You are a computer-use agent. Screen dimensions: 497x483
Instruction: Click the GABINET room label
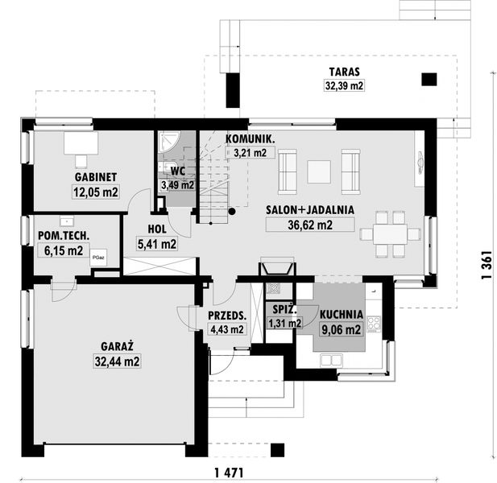(x=96, y=177)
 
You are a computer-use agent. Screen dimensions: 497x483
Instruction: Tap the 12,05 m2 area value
(x=96, y=192)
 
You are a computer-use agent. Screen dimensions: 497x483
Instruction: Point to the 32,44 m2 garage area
(x=118, y=361)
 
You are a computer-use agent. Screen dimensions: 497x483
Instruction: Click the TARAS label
(x=344, y=72)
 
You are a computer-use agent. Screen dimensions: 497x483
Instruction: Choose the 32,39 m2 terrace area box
(x=344, y=85)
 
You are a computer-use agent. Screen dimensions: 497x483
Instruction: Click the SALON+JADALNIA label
(x=310, y=210)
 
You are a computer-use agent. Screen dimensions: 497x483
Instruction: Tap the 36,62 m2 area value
(x=310, y=225)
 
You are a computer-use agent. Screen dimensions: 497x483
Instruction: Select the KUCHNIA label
(x=342, y=315)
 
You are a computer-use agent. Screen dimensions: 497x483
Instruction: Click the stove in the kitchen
(x=374, y=324)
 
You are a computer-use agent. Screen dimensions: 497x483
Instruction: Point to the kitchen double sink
(x=331, y=360)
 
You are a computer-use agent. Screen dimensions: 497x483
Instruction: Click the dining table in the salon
(x=390, y=234)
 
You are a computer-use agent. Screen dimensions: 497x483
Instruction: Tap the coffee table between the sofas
(x=319, y=171)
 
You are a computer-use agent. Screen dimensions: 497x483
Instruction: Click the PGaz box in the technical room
(x=98, y=258)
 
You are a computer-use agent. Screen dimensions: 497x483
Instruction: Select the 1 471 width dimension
(x=229, y=473)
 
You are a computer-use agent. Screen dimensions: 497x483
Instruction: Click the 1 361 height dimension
(x=487, y=265)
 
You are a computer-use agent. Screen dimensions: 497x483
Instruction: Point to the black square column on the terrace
(x=429, y=80)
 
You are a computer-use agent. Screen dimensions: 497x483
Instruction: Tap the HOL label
(x=157, y=229)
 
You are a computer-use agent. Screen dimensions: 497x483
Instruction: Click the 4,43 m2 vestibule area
(x=227, y=329)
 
